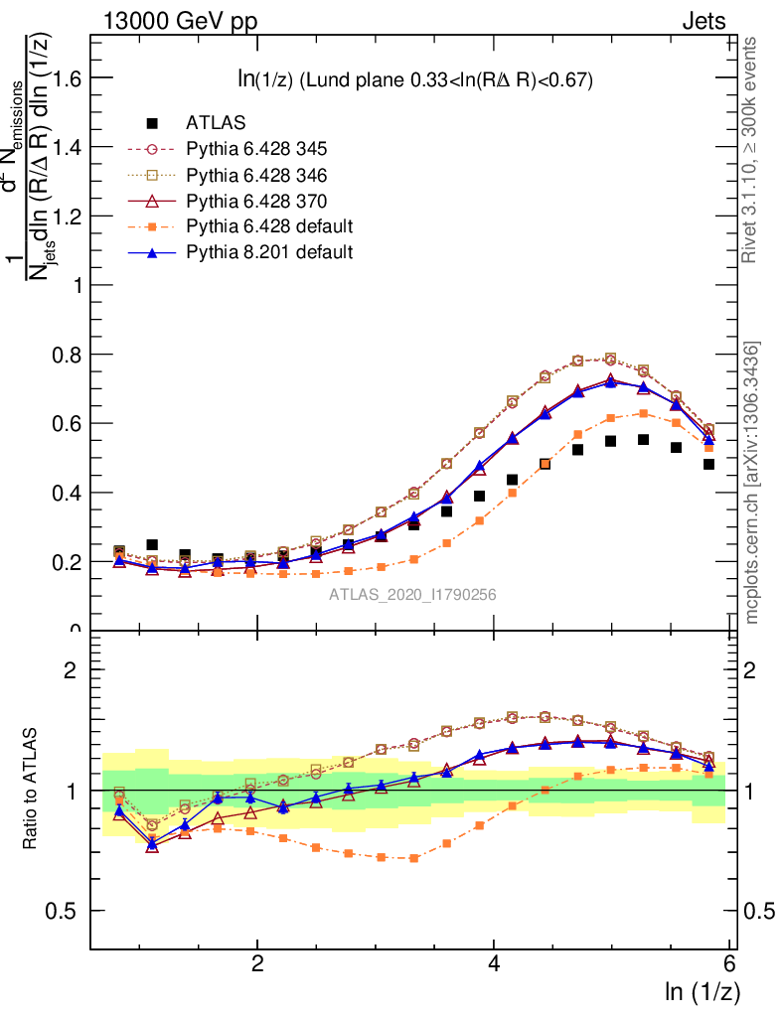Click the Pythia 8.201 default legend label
point(268,252)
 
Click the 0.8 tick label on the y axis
point(69,355)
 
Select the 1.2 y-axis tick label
point(69,217)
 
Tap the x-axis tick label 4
point(494,963)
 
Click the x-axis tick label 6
point(730,963)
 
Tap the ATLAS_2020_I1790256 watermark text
point(413,595)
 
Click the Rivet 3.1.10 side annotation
point(752,149)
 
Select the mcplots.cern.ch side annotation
point(752,482)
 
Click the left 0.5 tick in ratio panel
point(69,912)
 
